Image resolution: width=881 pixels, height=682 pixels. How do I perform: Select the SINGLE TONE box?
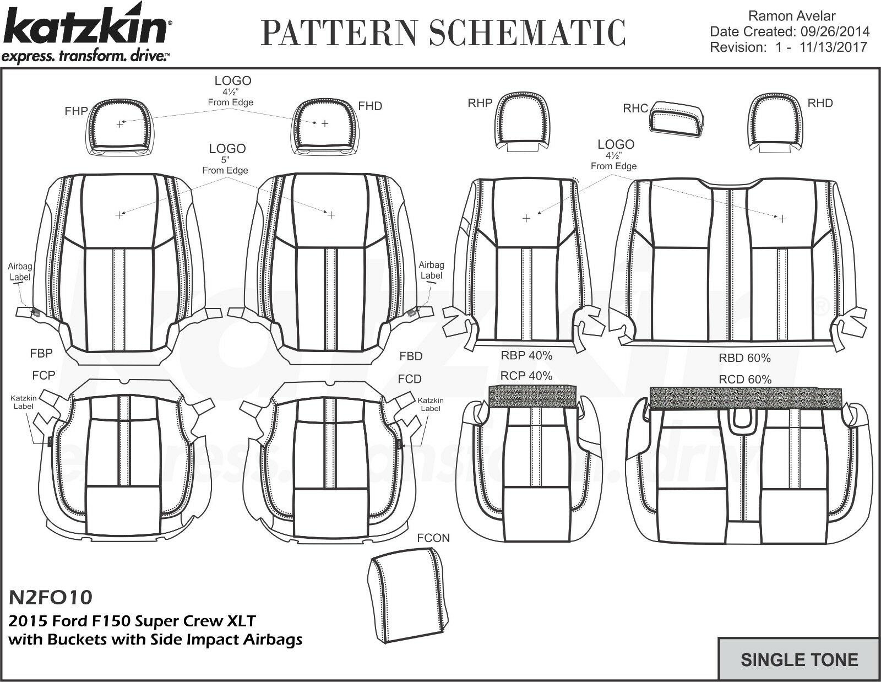[799, 659]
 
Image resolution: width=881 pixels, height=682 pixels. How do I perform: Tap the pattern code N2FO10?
[51, 597]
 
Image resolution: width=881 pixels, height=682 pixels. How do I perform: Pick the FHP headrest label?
[76, 111]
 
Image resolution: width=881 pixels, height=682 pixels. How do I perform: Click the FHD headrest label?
[370, 106]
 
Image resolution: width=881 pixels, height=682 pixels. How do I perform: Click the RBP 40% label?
[526, 356]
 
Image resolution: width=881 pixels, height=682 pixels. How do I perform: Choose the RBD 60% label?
[744, 358]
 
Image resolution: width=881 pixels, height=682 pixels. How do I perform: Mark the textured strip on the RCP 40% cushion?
[532, 396]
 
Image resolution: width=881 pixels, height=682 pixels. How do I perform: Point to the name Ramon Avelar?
[792, 17]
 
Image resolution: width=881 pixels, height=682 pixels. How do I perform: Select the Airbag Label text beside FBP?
[20, 272]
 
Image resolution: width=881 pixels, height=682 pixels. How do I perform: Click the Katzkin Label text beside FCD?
[430, 404]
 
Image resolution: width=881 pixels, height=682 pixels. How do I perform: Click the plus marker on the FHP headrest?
[120, 125]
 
